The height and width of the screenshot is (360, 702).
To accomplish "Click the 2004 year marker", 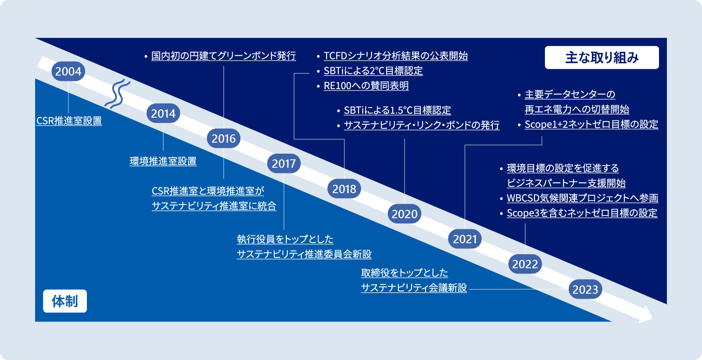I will (68, 71).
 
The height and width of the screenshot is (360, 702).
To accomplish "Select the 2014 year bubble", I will (163, 113).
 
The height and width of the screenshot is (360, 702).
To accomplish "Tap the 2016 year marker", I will (224, 138).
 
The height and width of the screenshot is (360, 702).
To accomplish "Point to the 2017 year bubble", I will (284, 163).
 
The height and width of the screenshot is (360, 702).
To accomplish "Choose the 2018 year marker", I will (344, 189).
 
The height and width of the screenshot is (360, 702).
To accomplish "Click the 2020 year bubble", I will (405, 214).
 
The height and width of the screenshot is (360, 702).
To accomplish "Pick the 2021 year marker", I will (465, 239).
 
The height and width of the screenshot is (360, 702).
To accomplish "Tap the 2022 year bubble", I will (525, 264).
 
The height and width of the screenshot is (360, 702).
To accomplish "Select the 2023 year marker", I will (585, 289).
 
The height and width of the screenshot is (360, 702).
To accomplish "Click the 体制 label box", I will (65, 301).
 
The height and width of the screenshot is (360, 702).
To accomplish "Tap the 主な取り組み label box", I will (602, 58).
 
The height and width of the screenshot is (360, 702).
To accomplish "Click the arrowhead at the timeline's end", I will (645, 314).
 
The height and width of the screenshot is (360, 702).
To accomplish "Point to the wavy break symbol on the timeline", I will (118, 94).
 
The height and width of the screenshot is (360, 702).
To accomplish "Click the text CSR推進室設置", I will (69, 121).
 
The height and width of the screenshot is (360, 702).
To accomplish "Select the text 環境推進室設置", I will (163, 161).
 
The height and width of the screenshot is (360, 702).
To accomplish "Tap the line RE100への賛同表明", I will (366, 86).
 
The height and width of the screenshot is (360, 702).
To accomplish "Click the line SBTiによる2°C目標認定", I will (373, 71).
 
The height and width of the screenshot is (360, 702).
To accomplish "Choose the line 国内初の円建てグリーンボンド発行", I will (223, 56).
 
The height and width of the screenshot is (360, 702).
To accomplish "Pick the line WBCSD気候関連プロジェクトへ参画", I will (582, 198).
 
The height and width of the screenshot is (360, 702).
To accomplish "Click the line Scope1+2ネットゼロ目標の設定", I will (591, 124).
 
